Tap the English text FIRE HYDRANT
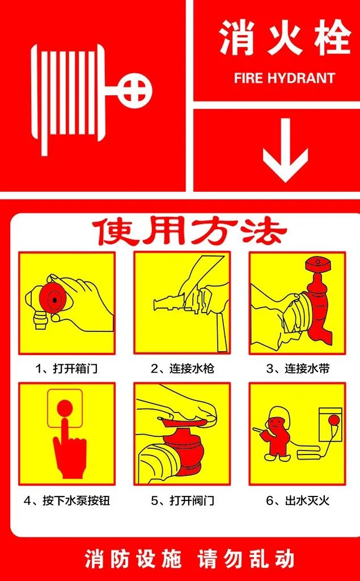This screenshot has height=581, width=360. pyautogui.click(x=285, y=78)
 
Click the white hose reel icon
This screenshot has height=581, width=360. pyautogui.click(x=68, y=99)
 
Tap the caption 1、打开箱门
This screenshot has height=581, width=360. pyautogui.click(x=67, y=369)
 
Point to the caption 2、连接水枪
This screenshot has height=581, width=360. pyautogui.click(x=182, y=369)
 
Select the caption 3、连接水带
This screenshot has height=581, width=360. pyautogui.click(x=298, y=369)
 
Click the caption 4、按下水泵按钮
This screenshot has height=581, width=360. pyautogui.click(x=67, y=501)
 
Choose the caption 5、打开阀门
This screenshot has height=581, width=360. pyautogui.click(x=182, y=501)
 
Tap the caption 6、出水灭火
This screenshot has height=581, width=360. pyautogui.click(x=298, y=501)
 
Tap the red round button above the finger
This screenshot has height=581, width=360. pyautogui.click(x=65, y=408)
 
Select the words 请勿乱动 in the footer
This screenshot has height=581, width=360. pyautogui.click(x=246, y=559)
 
